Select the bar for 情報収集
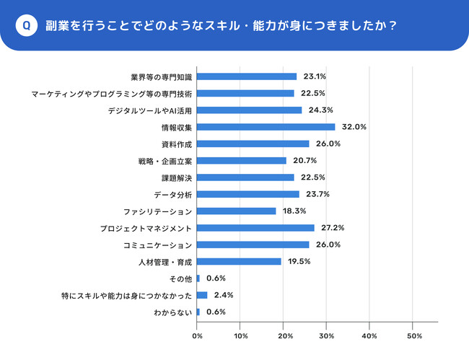point(266,127)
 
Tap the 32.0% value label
point(354,127)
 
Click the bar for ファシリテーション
point(236,211)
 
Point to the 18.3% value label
point(295,211)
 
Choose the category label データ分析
point(173,195)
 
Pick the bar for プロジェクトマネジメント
point(255,228)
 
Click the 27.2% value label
point(333,228)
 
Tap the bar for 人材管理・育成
point(239,261)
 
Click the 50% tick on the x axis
point(415,336)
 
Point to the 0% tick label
point(197,336)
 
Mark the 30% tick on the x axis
point(328,336)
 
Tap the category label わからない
point(173,312)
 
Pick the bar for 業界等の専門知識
point(246,76)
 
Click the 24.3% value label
point(320,110)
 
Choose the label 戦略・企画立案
point(165,161)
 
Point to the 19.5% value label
point(299,261)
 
